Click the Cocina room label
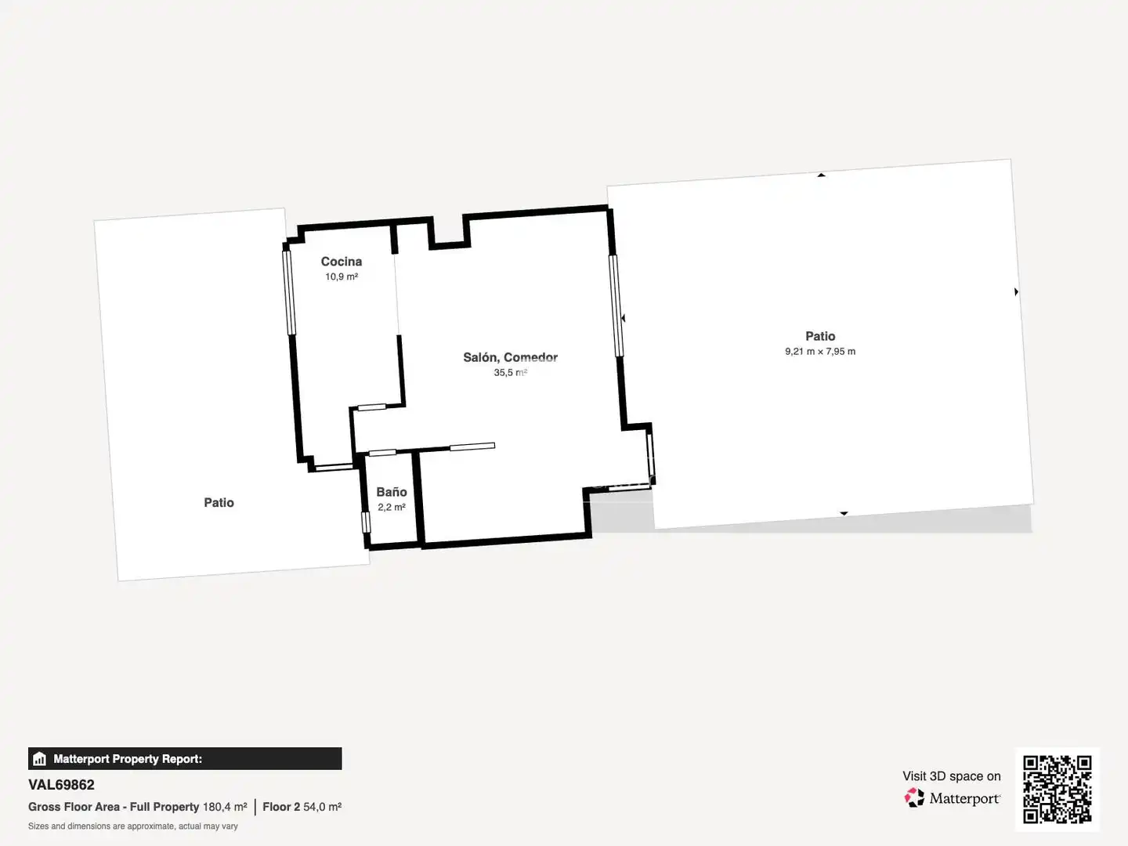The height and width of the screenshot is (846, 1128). pyautogui.click(x=342, y=262)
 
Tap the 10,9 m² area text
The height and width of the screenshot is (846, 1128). pyautogui.click(x=342, y=277)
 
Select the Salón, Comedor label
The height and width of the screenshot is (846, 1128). pyautogui.click(x=510, y=357)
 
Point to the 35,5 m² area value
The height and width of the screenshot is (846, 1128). pyautogui.click(x=510, y=372)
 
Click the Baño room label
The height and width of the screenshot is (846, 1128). pyautogui.click(x=392, y=492)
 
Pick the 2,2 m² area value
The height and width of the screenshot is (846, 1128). pyautogui.click(x=392, y=507)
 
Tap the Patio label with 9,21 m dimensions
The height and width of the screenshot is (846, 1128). pyautogui.click(x=820, y=337)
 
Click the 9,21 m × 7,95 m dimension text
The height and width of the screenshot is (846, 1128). pyautogui.click(x=820, y=352)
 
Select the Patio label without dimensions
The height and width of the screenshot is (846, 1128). pyautogui.click(x=219, y=502)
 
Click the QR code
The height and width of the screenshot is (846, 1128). pyautogui.click(x=1057, y=790)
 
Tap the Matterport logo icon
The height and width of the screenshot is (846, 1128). pyautogui.click(x=914, y=797)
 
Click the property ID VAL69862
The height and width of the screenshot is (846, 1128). pyautogui.click(x=61, y=785)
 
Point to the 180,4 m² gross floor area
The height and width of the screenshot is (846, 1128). pyautogui.click(x=225, y=807)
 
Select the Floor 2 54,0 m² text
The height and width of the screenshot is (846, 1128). pyautogui.click(x=302, y=807)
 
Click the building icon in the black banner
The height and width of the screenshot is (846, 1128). pyautogui.click(x=40, y=759)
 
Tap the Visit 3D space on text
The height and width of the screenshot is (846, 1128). pyautogui.click(x=952, y=776)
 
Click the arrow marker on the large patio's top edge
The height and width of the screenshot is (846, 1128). pyautogui.click(x=821, y=175)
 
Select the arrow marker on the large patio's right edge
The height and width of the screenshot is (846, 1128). pyautogui.click(x=1016, y=291)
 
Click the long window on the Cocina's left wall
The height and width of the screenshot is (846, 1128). pyautogui.click(x=289, y=293)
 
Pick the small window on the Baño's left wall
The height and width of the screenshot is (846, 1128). pyautogui.click(x=366, y=522)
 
